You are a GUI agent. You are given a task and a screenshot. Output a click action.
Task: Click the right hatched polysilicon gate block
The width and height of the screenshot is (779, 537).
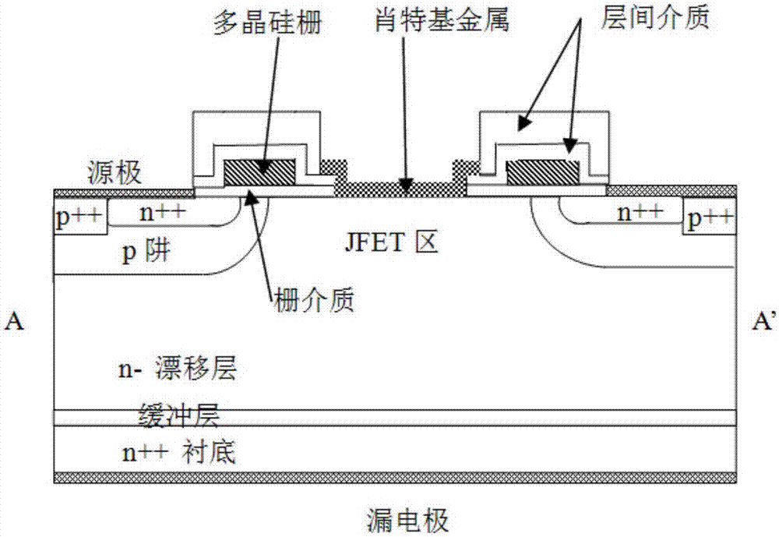tap(541, 171)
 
